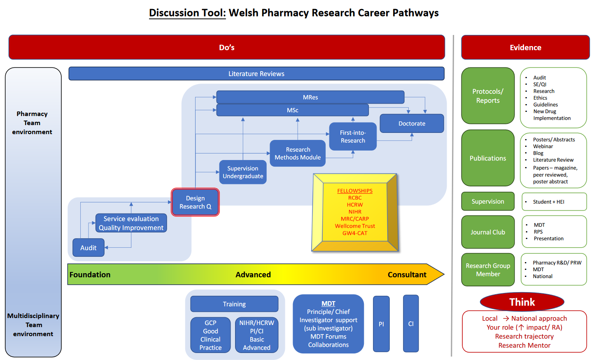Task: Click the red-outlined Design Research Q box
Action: (195, 202)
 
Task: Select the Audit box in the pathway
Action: (89, 248)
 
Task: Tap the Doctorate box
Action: (412, 123)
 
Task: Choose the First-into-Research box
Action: (353, 137)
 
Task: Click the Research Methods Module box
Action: (298, 153)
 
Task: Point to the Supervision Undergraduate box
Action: (243, 172)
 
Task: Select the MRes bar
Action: (310, 97)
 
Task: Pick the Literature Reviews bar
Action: (256, 74)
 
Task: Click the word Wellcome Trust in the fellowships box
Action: (355, 226)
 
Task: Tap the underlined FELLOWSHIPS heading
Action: (355, 191)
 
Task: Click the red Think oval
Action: (522, 302)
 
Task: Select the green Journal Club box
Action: (488, 232)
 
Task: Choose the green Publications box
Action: (488, 158)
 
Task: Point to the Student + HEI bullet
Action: (548, 202)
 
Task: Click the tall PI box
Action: (381, 324)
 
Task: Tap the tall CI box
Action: (411, 324)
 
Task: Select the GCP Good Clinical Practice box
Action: (210, 335)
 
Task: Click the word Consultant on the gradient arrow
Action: (407, 274)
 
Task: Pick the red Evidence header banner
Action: (525, 47)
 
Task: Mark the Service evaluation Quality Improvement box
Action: (131, 223)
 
